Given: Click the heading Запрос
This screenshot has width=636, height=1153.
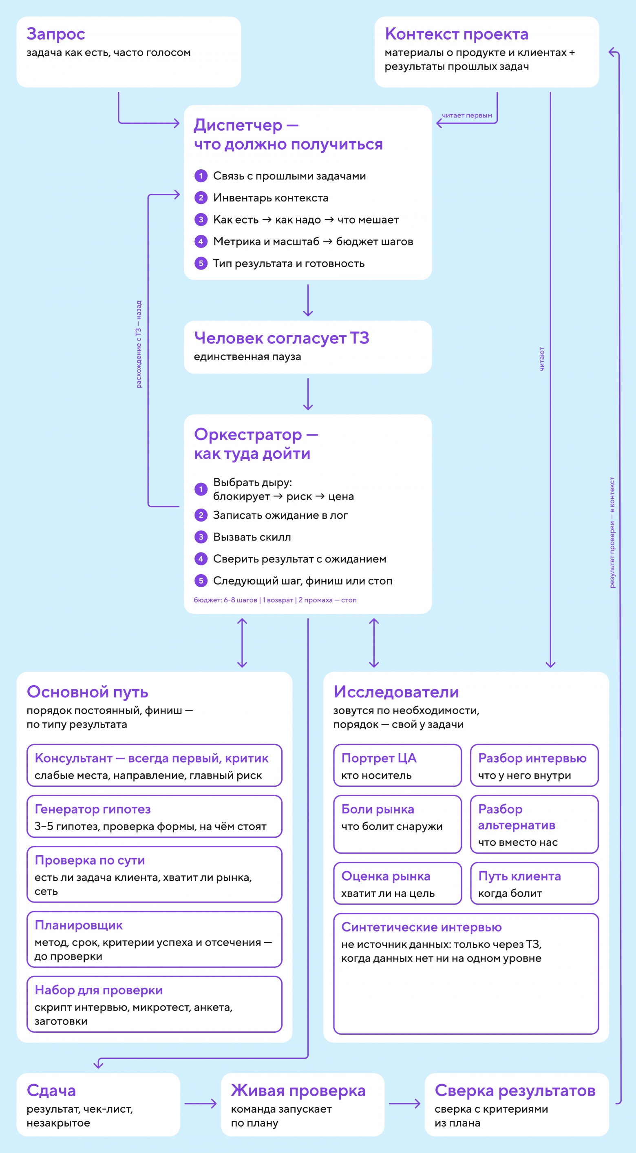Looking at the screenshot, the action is coord(55,34).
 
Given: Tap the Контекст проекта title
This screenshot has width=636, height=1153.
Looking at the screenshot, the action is coord(457,34).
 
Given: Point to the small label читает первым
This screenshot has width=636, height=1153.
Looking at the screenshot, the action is coord(467,115).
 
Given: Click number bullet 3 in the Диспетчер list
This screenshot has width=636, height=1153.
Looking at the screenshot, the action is coord(201,219).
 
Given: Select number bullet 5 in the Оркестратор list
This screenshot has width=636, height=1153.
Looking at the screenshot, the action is coord(201,580).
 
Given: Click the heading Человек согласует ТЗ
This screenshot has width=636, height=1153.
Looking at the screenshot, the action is coord(282,339).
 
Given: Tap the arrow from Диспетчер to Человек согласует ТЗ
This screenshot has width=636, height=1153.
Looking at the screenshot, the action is coord(308,300).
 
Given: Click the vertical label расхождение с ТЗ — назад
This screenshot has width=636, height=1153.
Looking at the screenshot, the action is coord(139,344).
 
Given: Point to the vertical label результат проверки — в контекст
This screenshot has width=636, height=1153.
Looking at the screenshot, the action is coord(612,532).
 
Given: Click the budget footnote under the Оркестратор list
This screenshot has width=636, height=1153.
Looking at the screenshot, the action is coord(275,600).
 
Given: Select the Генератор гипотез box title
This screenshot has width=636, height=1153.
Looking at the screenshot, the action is coord(93,809).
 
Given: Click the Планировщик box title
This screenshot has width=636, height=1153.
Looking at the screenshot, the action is coord(79,925).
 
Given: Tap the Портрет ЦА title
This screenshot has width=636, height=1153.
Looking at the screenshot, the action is coord(379,758).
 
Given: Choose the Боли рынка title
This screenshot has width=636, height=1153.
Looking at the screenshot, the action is coord(378,809).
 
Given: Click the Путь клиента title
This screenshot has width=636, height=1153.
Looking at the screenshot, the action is coord(520,876).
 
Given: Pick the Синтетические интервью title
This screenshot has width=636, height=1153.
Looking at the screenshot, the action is coord(422,927).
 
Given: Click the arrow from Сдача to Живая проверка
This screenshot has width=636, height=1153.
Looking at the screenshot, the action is coord(201,1104).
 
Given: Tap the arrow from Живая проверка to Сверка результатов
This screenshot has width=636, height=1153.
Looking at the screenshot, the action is coord(404,1104).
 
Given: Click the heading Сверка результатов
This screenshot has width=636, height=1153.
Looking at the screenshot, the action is coord(515,1091).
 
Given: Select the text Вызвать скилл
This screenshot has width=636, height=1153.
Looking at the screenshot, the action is coord(252,537).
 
